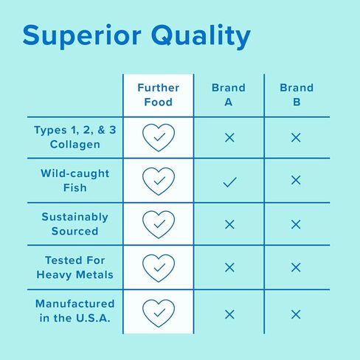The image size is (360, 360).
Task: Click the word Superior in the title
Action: click(x=82, y=36)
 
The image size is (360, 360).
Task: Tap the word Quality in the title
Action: click(x=201, y=36)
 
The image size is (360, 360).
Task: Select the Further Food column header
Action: click(x=159, y=95)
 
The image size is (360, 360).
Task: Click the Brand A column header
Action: click(x=229, y=95)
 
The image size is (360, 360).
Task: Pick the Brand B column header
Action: click(x=297, y=95)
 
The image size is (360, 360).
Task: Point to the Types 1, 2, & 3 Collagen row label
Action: click(x=75, y=137)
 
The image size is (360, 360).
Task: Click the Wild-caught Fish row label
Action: click(x=75, y=181)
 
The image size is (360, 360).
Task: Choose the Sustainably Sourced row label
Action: click(x=75, y=224)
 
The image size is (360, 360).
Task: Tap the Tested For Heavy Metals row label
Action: click(x=75, y=268)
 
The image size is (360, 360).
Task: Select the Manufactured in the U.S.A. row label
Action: click(x=75, y=311)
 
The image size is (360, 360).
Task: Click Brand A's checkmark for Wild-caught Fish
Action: click(x=229, y=182)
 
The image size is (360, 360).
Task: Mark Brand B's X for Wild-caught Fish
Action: click(x=296, y=180)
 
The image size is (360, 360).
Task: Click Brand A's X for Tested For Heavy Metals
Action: click(x=229, y=267)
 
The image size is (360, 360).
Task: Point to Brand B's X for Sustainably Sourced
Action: click(x=296, y=224)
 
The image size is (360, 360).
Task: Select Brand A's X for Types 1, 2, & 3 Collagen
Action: click(x=229, y=137)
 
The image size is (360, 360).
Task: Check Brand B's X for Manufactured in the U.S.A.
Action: click(x=296, y=314)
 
